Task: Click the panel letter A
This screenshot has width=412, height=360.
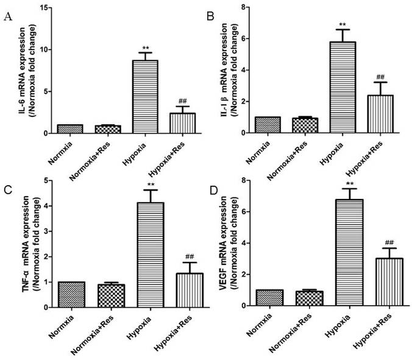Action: pyautogui.click(x=8, y=16)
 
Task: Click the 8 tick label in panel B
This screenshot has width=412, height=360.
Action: pyautogui.click(x=243, y=7)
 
